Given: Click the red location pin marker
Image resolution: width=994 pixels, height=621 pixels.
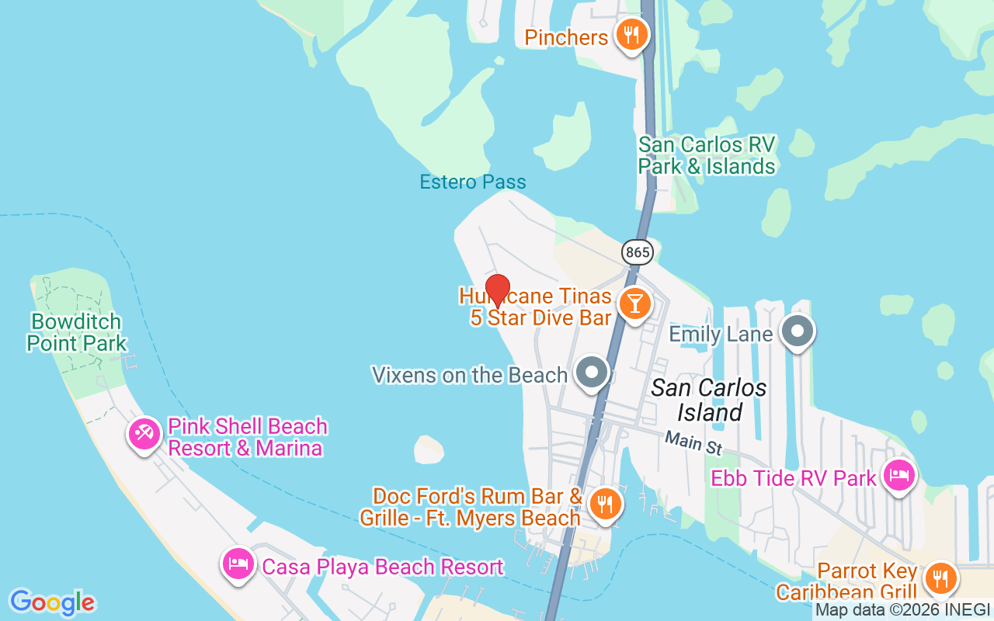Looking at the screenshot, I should (x=497, y=290).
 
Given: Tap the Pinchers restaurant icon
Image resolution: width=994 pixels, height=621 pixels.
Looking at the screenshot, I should (x=632, y=36).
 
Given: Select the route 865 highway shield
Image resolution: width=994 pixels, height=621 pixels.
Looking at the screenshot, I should (x=637, y=252).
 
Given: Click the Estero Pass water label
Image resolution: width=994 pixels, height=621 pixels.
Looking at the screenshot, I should (x=473, y=182).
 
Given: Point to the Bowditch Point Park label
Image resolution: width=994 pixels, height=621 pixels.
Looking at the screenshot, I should (x=76, y=332).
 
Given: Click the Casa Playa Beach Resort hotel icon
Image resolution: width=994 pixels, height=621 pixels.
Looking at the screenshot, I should (x=238, y=564).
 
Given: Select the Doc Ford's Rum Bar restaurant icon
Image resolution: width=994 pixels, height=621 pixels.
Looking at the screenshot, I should (x=603, y=503).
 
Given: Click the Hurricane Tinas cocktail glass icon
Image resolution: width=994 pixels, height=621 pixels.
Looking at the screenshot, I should (x=635, y=304).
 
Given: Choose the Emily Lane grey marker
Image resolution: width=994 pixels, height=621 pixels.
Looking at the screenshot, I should (x=797, y=331).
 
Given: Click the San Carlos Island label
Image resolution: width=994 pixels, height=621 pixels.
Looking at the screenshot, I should (x=709, y=400).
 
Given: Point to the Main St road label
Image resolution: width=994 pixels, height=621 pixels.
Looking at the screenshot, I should (x=693, y=445).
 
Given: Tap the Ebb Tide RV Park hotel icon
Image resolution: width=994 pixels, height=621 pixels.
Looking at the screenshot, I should (x=898, y=476).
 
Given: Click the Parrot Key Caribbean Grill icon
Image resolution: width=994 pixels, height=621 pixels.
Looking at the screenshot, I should (x=940, y=578).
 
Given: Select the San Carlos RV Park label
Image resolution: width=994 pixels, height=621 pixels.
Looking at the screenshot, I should (x=706, y=155).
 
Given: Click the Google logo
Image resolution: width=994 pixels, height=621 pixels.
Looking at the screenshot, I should (x=52, y=602).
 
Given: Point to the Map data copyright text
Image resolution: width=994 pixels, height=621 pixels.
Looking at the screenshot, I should (x=902, y=611).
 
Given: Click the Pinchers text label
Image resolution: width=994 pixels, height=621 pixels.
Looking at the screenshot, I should (x=566, y=37).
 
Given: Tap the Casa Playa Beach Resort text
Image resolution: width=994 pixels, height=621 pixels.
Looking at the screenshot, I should (x=382, y=567).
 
